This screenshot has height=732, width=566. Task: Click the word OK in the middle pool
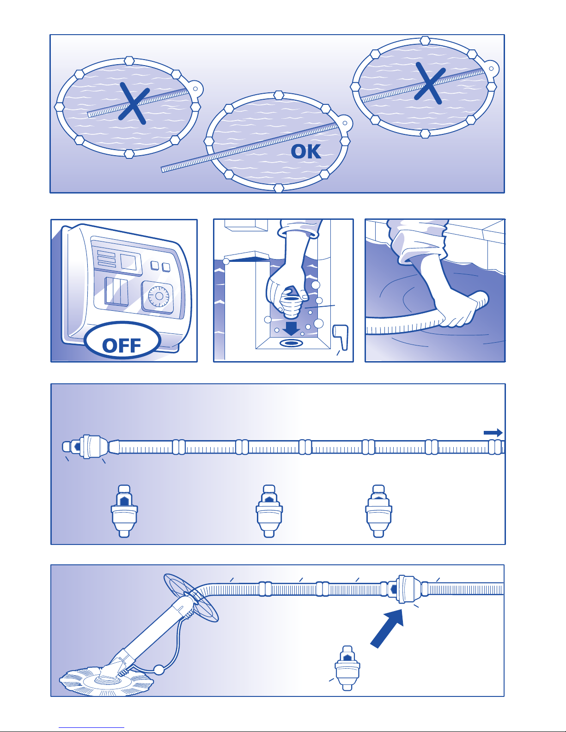[305, 151]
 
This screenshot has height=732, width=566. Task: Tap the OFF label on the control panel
[121, 345]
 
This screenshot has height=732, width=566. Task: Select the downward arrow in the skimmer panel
[291, 328]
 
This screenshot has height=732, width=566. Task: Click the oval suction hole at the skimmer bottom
[292, 343]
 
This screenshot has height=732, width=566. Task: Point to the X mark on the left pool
[134, 103]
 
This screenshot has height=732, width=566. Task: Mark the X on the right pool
[430, 83]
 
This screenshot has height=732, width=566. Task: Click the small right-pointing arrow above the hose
[493, 433]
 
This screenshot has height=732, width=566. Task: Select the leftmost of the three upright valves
[124, 511]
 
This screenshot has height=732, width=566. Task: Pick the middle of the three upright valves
[269, 511]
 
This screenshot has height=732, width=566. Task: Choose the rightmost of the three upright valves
[379, 511]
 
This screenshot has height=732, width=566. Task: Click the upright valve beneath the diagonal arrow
[347, 668]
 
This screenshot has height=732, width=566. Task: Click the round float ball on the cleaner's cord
[159, 670]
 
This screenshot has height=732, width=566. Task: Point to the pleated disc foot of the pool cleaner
[106, 681]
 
